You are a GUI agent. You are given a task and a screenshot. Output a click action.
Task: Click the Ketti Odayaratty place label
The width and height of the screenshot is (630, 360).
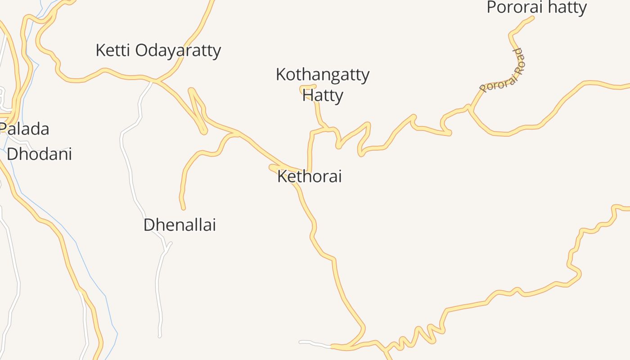click(x=158, y=50)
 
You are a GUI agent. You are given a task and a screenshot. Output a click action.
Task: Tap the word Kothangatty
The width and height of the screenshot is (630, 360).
click(x=322, y=75)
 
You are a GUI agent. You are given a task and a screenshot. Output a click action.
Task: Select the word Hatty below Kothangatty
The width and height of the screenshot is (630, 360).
click(x=323, y=95)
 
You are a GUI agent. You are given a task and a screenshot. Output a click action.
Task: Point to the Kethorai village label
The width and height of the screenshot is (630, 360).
click(x=309, y=176)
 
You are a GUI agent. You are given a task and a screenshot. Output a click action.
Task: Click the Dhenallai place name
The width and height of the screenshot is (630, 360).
click(x=180, y=225)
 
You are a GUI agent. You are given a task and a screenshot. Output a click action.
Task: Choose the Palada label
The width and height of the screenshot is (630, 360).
click(x=24, y=129)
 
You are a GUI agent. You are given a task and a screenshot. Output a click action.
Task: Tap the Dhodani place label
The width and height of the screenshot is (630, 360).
click(x=39, y=154)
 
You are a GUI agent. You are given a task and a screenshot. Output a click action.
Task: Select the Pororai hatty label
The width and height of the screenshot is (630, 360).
click(x=536, y=8)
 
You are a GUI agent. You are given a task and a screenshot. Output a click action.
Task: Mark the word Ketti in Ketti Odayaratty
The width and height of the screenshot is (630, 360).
click(x=113, y=50)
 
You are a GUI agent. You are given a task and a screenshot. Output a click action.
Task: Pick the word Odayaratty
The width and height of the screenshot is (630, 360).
click(x=178, y=50)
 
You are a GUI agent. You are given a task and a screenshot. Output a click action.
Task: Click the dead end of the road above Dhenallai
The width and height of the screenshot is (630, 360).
click(x=183, y=208)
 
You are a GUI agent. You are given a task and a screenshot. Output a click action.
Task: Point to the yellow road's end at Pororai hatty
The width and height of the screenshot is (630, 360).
click(x=532, y=18)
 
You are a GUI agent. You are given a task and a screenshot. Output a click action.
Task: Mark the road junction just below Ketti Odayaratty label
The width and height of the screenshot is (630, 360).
click(x=155, y=81)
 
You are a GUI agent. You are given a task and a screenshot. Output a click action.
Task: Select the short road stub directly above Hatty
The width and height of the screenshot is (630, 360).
click(x=308, y=86)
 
